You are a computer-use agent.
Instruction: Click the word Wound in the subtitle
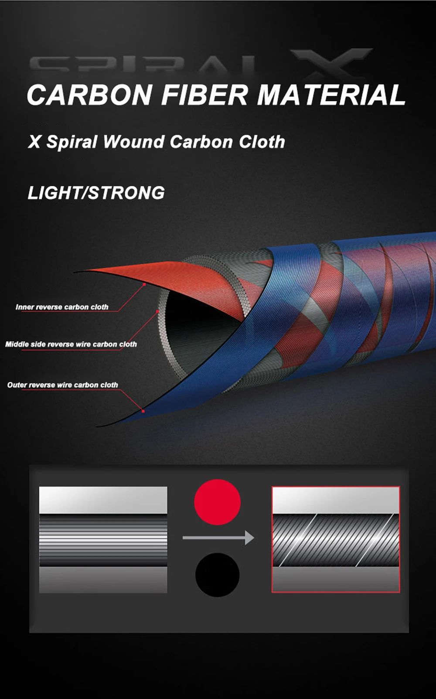click(x=134, y=142)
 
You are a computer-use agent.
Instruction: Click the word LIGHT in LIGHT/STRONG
click(x=55, y=193)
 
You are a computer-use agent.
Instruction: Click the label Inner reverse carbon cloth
click(x=62, y=307)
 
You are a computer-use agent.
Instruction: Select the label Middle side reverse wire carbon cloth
click(x=71, y=344)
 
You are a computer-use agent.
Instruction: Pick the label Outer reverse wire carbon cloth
click(x=62, y=385)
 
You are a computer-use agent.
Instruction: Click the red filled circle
click(x=217, y=501)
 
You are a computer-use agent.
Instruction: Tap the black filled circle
click(x=217, y=575)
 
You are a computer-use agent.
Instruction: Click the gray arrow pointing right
click(x=218, y=538)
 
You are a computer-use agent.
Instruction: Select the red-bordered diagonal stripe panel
click(x=336, y=539)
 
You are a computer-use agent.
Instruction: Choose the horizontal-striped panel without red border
click(x=103, y=539)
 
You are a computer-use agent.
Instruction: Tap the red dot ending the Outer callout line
click(x=143, y=411)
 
